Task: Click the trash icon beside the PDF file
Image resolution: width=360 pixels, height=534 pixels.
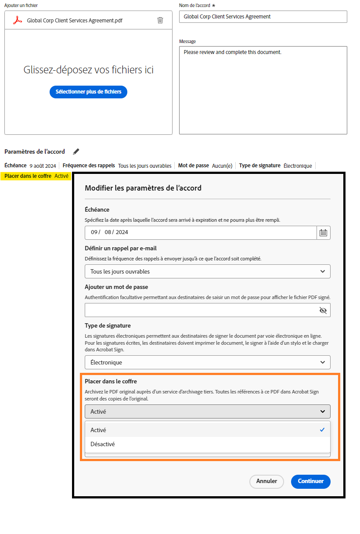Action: click(160, 20)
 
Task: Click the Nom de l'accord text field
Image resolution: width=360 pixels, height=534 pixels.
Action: click(263, 17)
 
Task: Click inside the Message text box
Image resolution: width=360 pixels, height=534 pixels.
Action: click(263, 90)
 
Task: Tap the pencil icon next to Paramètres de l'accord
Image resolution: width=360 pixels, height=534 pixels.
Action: click(76, 152)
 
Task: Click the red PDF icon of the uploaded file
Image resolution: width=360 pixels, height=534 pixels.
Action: click(17, 20)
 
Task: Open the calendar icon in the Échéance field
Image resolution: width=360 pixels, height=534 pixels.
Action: click(324, 232)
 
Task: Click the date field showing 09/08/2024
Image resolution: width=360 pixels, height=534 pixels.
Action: click(200, 232)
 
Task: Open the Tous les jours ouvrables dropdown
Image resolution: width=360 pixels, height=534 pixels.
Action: click(207, 271)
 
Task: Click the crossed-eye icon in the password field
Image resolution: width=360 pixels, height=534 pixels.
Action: click(323, 310)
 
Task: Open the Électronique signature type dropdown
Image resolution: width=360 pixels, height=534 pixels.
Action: click(207, 362)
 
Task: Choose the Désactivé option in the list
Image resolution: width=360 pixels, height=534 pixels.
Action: click(103, 444)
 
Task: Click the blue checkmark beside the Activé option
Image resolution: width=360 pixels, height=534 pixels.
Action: click(322, 430)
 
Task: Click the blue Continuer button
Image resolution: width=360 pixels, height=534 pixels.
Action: click(310, 481)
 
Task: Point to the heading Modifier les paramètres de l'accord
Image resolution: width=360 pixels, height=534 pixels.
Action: click(143, 188)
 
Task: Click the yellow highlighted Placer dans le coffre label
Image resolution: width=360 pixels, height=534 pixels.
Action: click(28, 176)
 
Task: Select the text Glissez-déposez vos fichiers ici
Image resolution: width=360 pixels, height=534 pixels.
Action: click(88, 70)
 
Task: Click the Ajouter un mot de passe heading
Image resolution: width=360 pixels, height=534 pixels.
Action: click(116, 287)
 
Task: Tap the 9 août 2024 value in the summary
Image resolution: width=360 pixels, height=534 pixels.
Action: click(43, 166)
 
